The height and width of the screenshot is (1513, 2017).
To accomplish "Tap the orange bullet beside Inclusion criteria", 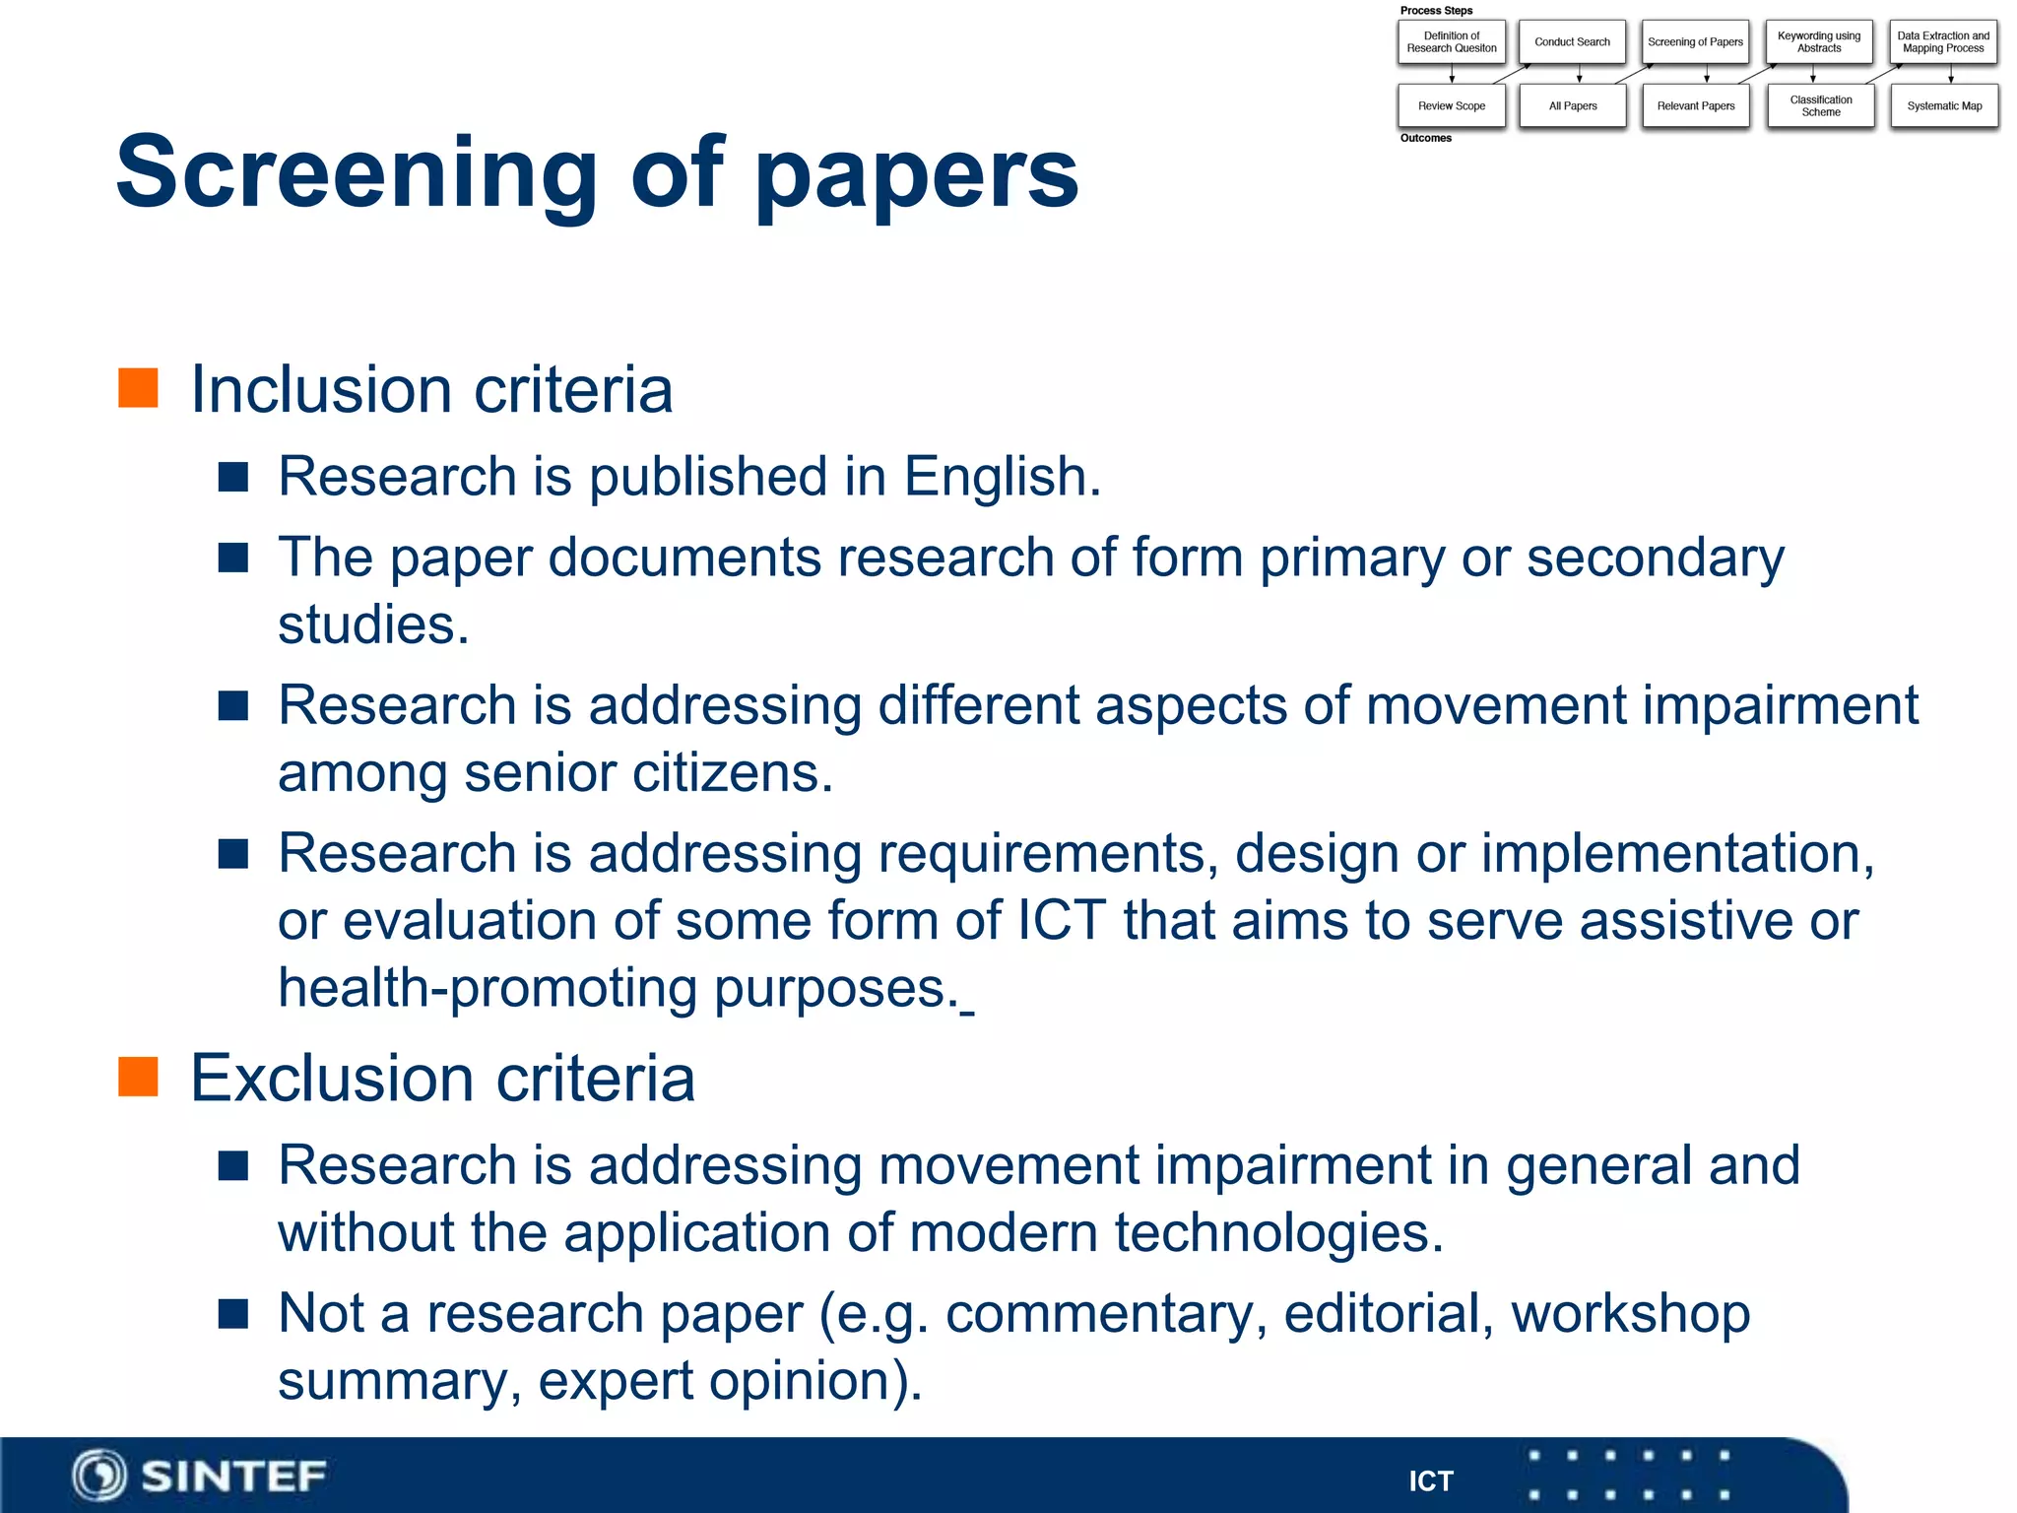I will (138, 388).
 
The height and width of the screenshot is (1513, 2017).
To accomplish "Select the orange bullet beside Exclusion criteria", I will (138, 1077).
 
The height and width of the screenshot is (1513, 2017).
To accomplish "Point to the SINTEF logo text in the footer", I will (233, 1477).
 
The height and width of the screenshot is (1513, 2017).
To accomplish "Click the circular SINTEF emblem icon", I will (98, 1477).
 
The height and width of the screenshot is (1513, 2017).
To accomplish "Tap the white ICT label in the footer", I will (1430, 1481).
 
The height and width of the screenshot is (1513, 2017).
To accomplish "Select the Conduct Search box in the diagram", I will (1572, 42).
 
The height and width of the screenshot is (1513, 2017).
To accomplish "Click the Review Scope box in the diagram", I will (1452, 106).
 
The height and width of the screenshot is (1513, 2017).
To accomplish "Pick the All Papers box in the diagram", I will (1573, 106).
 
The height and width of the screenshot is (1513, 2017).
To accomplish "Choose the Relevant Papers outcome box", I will (1696, 106).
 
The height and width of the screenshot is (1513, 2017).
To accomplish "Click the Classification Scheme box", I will (1821, 106).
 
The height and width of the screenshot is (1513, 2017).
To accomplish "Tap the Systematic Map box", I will (1944, 106).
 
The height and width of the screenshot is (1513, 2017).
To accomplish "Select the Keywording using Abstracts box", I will (1819, 42).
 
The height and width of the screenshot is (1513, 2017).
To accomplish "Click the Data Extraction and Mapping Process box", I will (1943, 42).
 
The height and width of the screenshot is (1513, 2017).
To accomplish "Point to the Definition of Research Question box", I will (1452, 42).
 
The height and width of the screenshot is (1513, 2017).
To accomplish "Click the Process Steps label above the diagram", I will (1436, 11).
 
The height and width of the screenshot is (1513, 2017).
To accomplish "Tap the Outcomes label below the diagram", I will (1426, 138).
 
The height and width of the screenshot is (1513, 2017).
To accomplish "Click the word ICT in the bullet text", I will (1061, 921).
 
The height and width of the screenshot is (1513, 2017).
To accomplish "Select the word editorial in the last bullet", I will (1389, 1314).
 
